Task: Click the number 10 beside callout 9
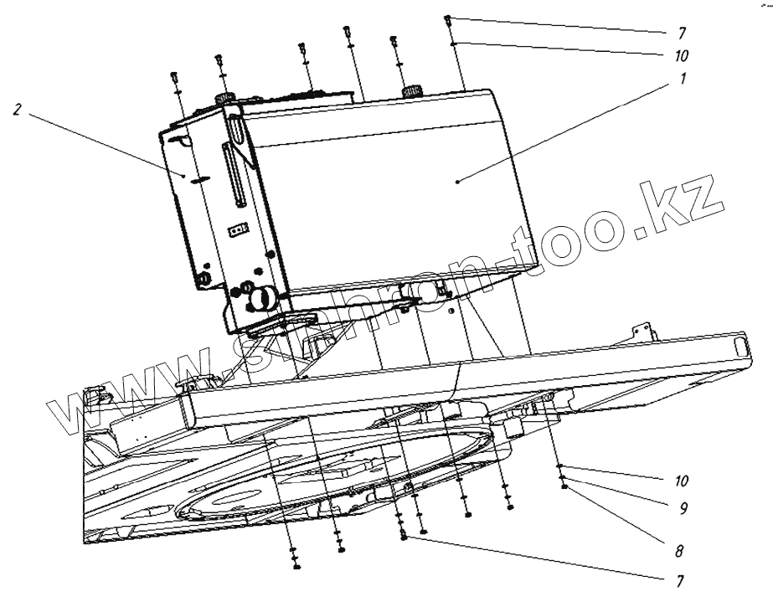[x=682, y=481]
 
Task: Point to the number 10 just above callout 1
[x=682, y=56]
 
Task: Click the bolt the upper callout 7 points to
[x=448, y=18]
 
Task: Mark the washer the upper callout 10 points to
[x=451, y=41]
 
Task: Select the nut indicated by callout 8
[x=565, y=486]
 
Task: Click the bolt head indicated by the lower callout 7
[x=405, y=537]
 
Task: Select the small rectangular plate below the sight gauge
[x=238, y=227]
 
